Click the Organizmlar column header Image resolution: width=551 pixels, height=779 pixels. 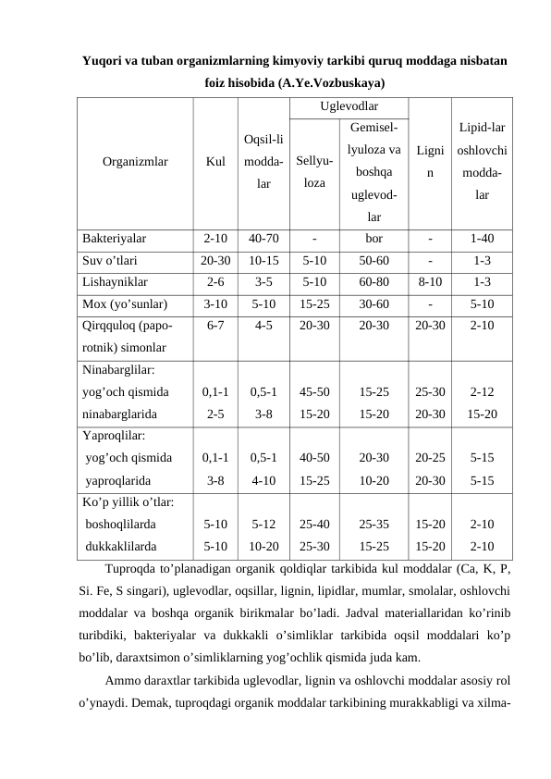135,161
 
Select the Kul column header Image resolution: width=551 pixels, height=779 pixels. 215,161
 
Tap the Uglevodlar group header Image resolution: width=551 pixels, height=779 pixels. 348,107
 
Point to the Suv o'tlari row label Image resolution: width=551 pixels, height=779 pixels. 110,261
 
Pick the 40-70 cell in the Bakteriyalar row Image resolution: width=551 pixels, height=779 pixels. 263,239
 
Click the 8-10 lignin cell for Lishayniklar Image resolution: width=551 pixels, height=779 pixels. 429,283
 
